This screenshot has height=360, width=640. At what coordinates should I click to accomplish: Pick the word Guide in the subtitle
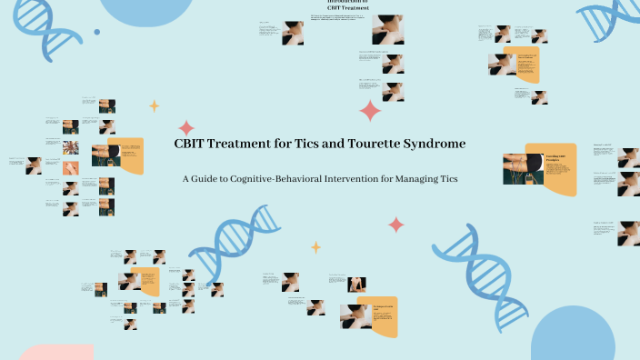(x=205, y=178)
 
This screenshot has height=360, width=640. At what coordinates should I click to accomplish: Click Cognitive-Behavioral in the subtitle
(x=272, y=178)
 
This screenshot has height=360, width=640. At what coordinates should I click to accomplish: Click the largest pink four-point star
(x=370, y=111)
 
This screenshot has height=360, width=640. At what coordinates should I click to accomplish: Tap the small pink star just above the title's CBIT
(x=186, y=127)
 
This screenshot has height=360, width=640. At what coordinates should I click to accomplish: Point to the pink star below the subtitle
(x=396, y=225)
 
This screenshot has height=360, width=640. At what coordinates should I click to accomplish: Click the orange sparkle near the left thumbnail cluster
(x=154, y=105)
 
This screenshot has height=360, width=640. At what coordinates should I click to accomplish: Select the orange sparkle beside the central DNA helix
(x=315, y=246)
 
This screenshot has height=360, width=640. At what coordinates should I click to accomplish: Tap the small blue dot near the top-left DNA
(x=96, y=32)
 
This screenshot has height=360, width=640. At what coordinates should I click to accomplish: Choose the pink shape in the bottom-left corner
(x=55, y=353)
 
